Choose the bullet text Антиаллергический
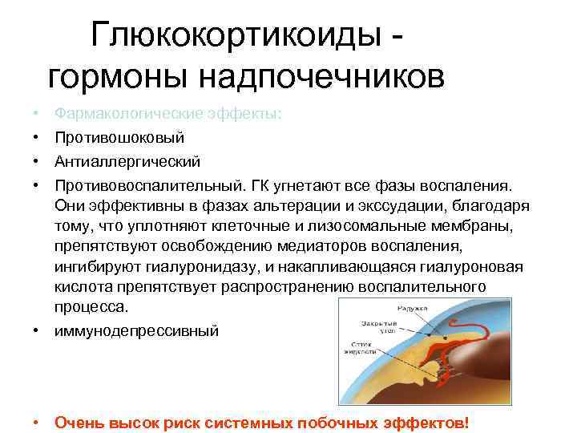pos(127,163)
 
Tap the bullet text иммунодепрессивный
pos(135,330)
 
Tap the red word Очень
pos(79,423)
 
